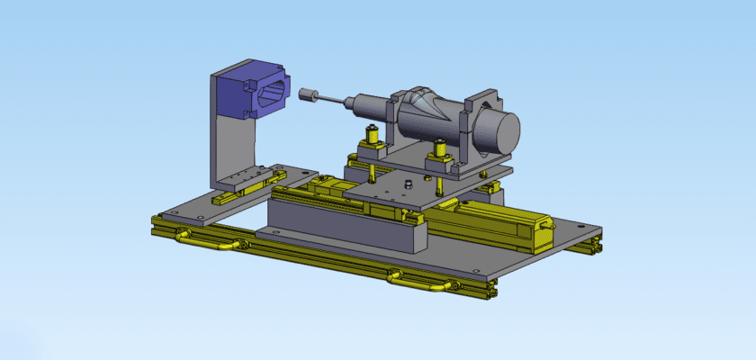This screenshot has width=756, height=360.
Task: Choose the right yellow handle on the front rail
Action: [416, 282]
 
